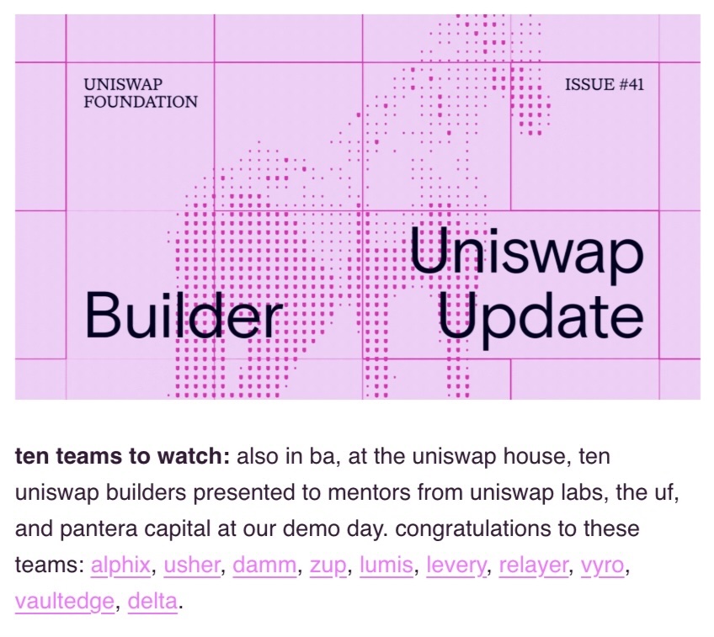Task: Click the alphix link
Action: [120, 565]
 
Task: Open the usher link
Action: [192, 565]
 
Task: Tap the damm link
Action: [264, 565]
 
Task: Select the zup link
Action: [328, 565]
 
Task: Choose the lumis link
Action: [386, 565]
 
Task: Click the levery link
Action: [456, 565]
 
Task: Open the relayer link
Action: [534, 565]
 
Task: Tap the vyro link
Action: [604, 565]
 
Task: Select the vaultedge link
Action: [64, 602]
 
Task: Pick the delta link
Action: [152, 602]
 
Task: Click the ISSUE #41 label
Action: [605, 84]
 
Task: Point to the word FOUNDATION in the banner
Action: [141, 103]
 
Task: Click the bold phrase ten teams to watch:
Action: [122, 457]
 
